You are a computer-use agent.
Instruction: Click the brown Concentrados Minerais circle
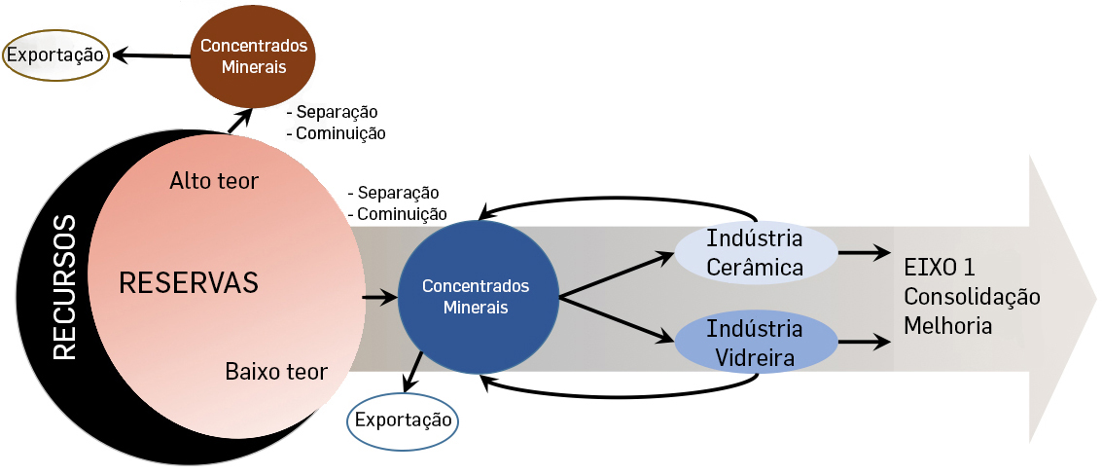click(253, 56)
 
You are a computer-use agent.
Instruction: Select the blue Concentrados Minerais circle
click(476, 296)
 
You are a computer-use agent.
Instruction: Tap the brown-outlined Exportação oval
click(55, 55)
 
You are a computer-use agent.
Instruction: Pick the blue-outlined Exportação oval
click(403, 420)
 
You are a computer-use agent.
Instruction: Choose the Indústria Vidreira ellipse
click(755, 342)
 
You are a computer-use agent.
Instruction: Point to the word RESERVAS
click(189, 283)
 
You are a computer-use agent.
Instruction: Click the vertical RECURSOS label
click(64, 289)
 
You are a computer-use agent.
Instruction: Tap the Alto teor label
click(214, 181)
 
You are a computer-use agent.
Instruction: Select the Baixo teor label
click(276, 371)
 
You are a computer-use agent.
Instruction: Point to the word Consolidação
click(972, 296)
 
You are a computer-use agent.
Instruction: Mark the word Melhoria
click(948, 325)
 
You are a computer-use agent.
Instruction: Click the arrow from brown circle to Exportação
click(151, 55)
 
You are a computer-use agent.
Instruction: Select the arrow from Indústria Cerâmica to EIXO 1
click(864, 252)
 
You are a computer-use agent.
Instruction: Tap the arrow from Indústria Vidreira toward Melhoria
click(864, 342)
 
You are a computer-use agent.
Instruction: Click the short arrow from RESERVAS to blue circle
click(378, 296)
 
